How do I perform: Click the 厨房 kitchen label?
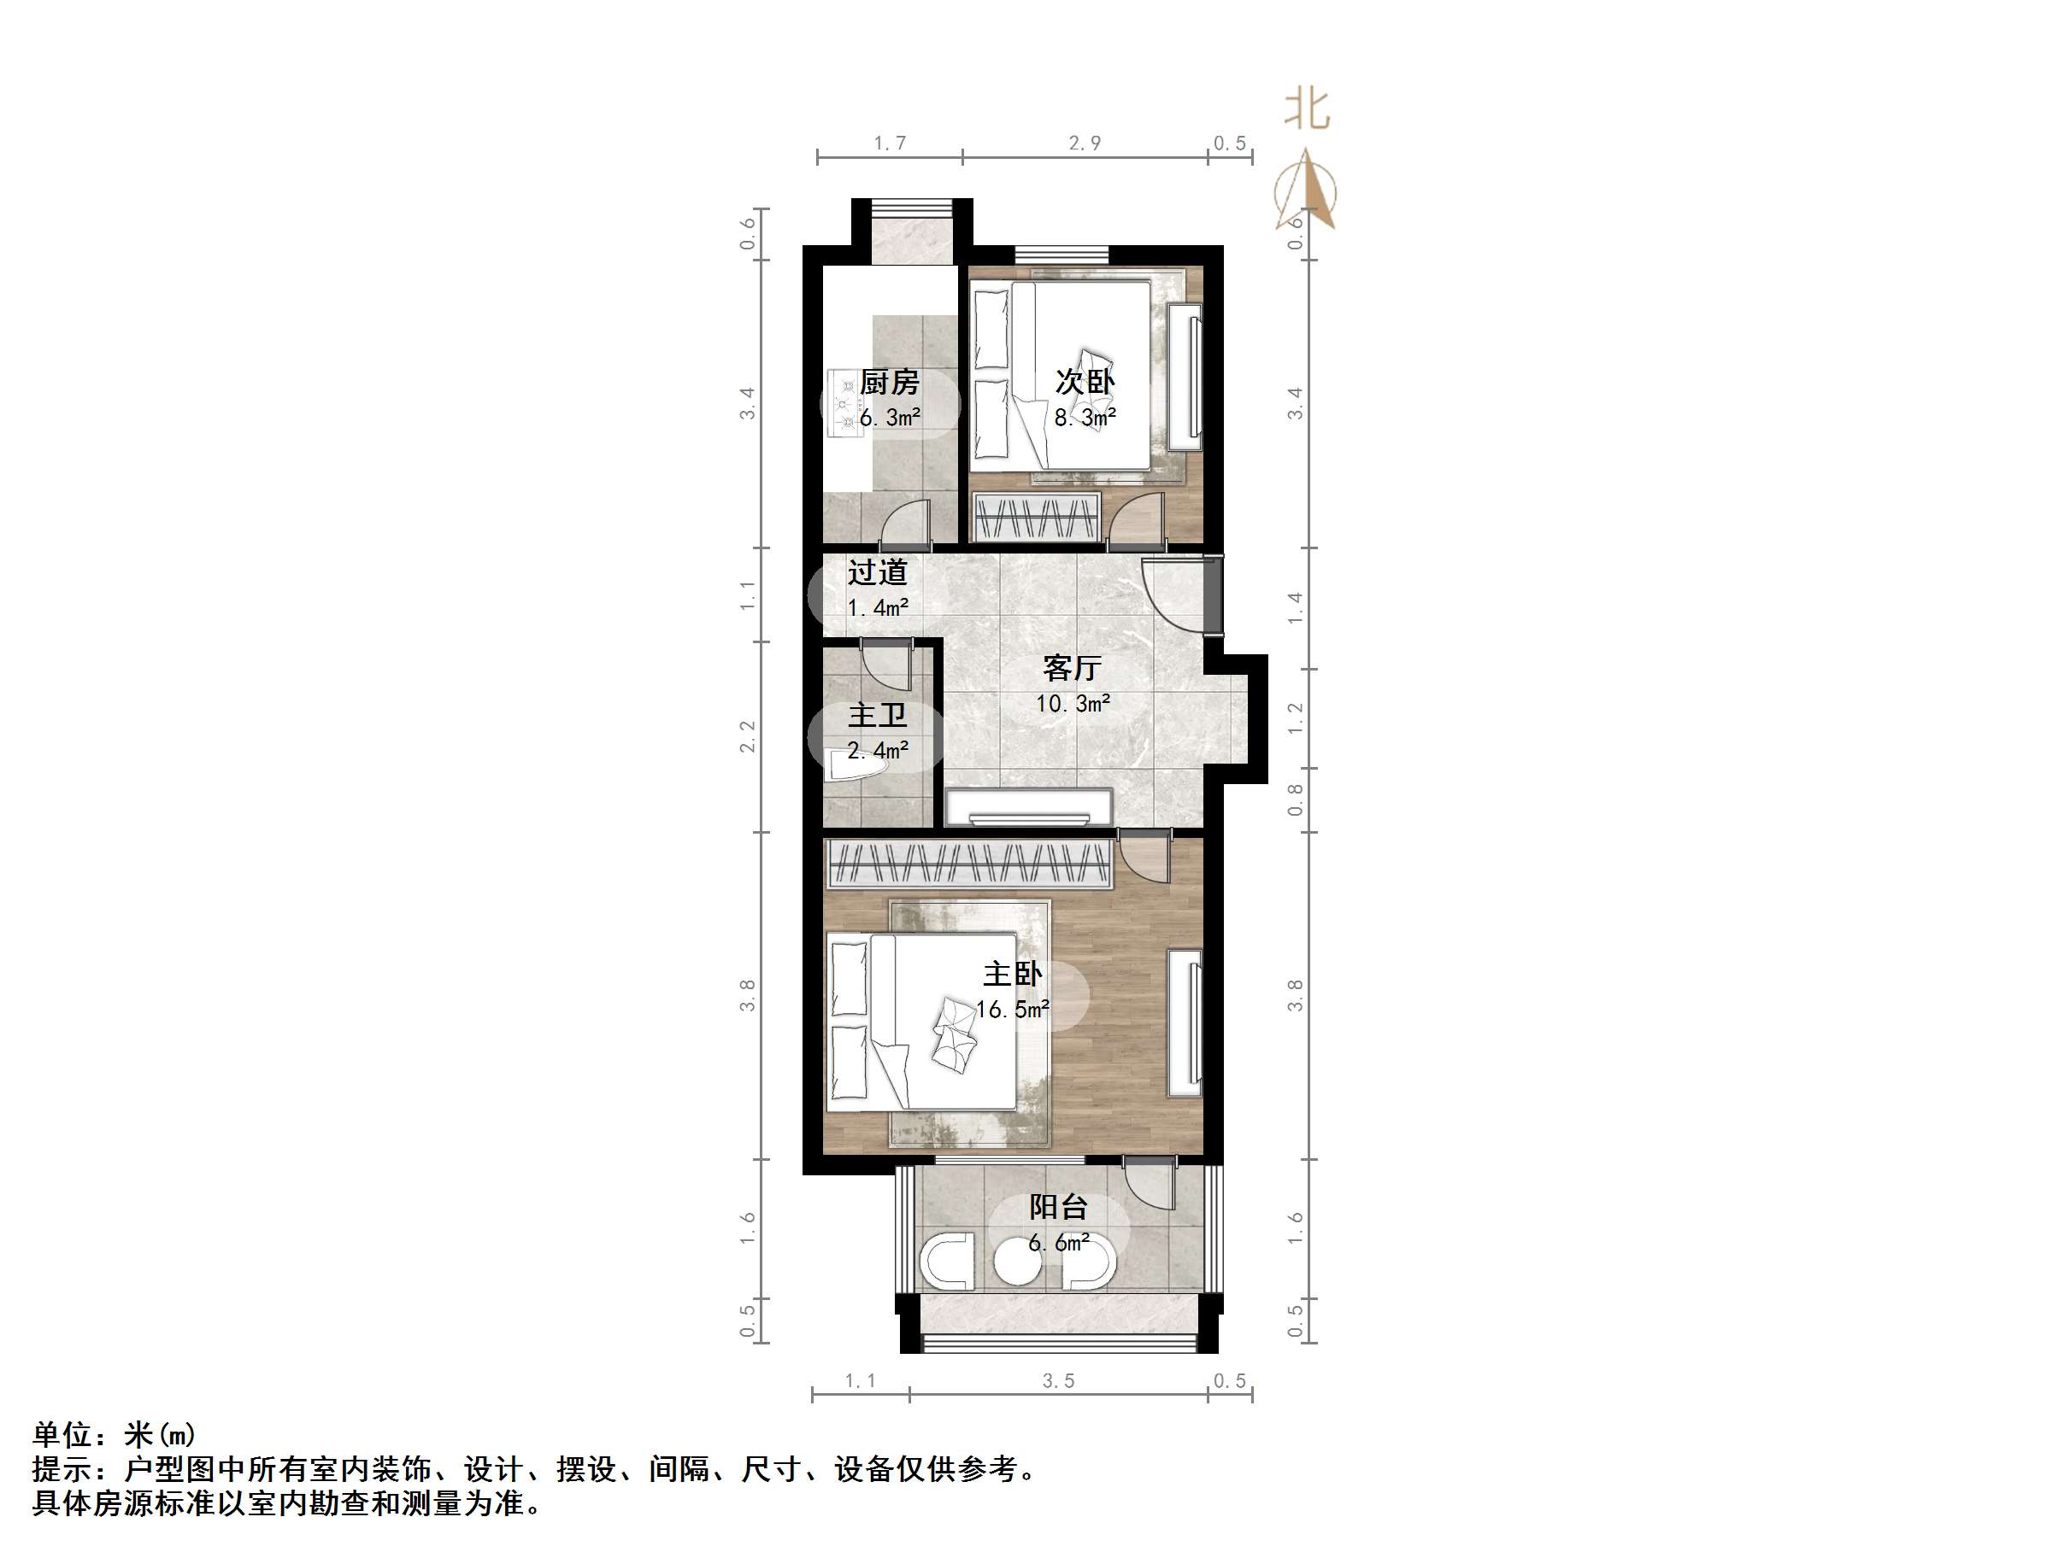click(x=889, y=382)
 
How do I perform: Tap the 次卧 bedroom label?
click(x=1085, y=382)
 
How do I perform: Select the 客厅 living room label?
click(x=1072, y=668)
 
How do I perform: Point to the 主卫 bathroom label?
click(x=877, y=716)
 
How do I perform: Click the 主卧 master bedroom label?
click(x=1012, y=974)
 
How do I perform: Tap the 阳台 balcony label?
click(x=1058, y=1207)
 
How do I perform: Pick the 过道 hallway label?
click(x=877, y=571)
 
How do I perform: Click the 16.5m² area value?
click(x=1012, y=1010)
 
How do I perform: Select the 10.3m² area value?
click(x=1073, y=704)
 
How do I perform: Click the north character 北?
click(x=1308, y=109)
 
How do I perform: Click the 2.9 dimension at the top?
click(x=1085, y=143)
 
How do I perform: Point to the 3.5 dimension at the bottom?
click(x=1058, y=1381)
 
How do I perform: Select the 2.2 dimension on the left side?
click(x=747, y=736)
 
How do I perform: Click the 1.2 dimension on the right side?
click(x=1294, y=717)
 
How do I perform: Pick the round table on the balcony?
click(x=1017, y=1262)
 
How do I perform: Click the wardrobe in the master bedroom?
click(x=969, y=864)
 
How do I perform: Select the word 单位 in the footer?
click(x=62, y=1434)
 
